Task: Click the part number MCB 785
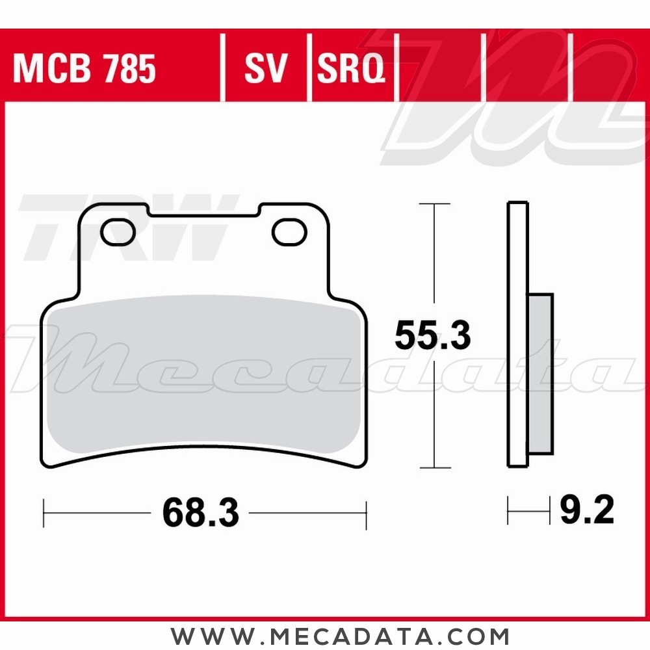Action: click(84, 69)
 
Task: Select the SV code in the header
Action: click(265, 69)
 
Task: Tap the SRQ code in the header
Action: click(351, 69)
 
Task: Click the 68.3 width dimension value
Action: click(200, 513)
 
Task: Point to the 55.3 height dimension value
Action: click(432, 336)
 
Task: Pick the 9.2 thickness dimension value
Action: click(586, 512)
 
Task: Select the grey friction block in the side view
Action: click(541, 374)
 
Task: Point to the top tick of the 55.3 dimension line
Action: click(434, 204)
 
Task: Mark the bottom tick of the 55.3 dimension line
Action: click(434, 467)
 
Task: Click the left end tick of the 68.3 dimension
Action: click(44, 513)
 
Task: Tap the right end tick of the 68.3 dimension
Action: click(366, 513)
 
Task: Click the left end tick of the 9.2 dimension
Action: click(508, 512)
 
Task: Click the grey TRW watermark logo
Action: click(123, 227)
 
